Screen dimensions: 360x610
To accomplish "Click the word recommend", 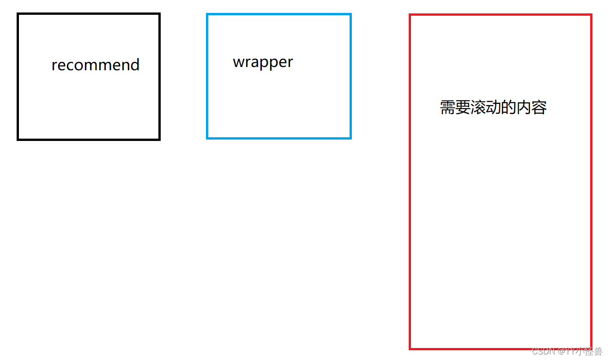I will (95, 65).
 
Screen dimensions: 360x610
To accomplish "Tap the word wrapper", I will (263, 62).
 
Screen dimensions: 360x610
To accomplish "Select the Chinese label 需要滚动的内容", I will (493, 108).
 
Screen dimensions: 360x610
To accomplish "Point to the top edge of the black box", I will (89, 14).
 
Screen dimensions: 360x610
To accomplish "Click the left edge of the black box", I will (18, 77).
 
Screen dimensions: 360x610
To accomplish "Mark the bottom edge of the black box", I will (89, 139).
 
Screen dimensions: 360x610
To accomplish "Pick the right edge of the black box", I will (159, 77).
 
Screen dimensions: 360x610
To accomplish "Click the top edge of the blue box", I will (279, 14).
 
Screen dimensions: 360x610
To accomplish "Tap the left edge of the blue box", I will (207, 76).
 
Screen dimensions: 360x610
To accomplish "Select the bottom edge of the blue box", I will (279, 137).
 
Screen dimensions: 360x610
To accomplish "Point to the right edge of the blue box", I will (350, 76).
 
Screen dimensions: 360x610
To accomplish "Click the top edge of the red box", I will (501, 15).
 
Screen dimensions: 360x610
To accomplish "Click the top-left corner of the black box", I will (18, 14).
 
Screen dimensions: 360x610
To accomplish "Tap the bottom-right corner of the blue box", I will (350, 137).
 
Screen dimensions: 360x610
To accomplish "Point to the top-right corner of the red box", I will (591, 15).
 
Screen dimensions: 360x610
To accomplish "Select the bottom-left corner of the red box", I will (410, 348).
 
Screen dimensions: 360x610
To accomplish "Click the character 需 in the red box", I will (447, 108).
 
